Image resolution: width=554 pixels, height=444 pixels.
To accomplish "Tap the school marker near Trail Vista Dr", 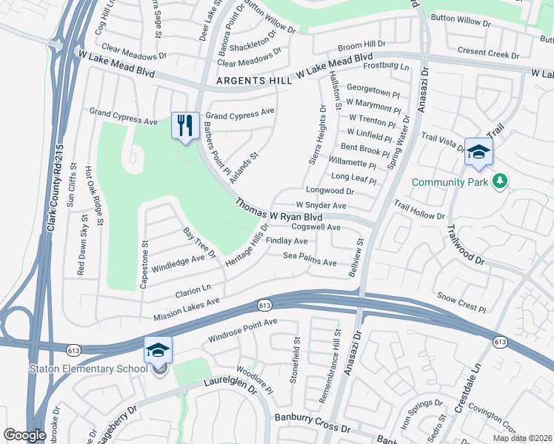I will [x=478, y=151].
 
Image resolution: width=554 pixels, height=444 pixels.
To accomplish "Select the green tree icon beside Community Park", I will [x=501, y=181].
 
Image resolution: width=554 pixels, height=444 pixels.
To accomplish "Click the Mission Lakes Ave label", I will [x=187, y=310].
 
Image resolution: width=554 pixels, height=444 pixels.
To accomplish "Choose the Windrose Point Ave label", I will [x=242, y=330].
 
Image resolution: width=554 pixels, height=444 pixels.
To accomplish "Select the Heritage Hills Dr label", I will [x=247, y=246].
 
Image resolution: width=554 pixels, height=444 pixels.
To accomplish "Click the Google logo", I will [x=24, y=435].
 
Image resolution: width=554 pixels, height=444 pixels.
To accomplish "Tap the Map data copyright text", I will [x=523, y=438].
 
